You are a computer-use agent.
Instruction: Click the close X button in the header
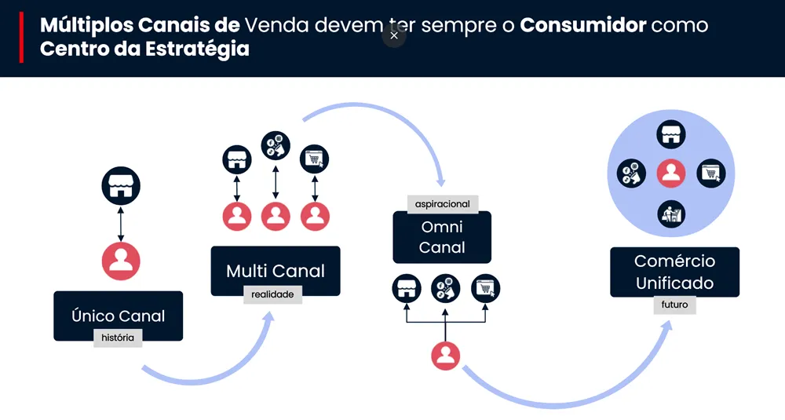tap(394, 35)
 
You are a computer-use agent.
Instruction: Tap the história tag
tap(118, 338)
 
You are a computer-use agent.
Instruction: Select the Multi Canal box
tap(275, 270)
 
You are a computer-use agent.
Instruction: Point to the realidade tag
tap(272, 294)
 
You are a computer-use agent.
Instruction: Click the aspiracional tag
tap(443, 204)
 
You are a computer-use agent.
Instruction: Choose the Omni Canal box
tap(442, 237)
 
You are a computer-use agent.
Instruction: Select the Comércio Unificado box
tap(674, 271)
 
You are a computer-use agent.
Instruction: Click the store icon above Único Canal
tap(121, 186)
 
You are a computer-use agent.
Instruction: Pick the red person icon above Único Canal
tap(121, 260)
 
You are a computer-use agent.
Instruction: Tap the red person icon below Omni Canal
tap(445, 356)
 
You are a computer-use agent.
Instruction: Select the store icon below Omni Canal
tap(406, 288)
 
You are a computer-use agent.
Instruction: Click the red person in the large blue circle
tap(670, 173)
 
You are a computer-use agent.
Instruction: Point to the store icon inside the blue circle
tap(671, 134)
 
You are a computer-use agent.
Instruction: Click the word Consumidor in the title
tap(583, 24)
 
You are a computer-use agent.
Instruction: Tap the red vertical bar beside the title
tap(21, 38)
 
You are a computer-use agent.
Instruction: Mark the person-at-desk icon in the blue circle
tap(671, 213)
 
